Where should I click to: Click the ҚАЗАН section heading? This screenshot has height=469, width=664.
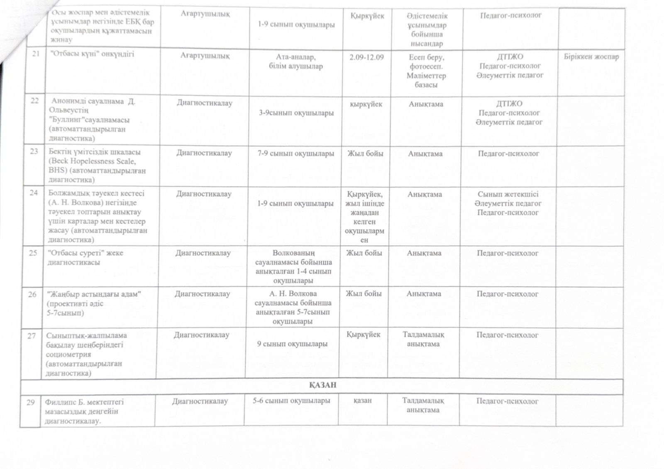(x=322, y=385)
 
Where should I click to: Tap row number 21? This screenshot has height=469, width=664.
(x=35, y=54)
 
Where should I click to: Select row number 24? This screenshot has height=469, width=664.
(x=34, y=193)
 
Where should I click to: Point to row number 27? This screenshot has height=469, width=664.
(x=32, y=336)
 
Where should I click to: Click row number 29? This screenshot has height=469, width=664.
(x=30, y=402)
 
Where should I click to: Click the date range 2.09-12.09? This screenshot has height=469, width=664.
(x=366, y=57)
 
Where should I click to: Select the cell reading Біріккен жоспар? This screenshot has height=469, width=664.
(x=591, y=57)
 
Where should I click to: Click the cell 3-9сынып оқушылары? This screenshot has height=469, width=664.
(x=296, y=112)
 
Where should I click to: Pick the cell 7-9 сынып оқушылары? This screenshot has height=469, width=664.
(x=295, y=154)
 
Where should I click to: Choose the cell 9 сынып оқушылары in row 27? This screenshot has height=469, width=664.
(x=292, y=344)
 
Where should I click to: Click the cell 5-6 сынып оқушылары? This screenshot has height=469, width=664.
(x=291, y=401)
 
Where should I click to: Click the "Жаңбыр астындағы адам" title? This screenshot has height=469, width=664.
(x=95, y=294)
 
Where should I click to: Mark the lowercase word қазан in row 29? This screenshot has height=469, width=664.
(x=362, y=401)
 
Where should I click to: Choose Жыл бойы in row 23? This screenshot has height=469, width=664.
(x=365, y=154)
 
